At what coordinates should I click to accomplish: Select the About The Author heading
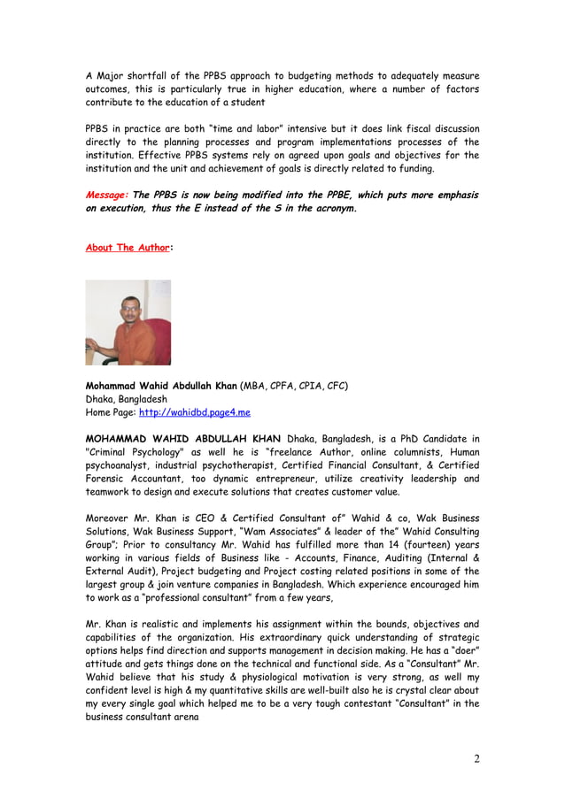[x=127, y=248]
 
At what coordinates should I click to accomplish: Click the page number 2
[x=476, y=758]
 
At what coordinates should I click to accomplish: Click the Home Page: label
[x=111, y=412]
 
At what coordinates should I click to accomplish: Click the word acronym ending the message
[x=328, y=209]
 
